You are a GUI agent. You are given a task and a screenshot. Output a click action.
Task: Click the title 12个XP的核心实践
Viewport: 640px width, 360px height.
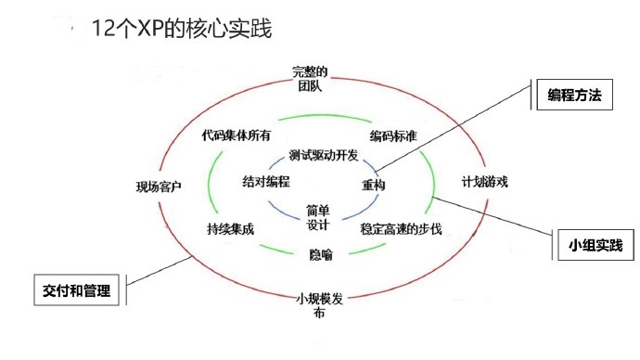tap(182, 29)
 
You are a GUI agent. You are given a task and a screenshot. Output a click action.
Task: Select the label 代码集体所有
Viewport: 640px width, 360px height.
tap(237, 135)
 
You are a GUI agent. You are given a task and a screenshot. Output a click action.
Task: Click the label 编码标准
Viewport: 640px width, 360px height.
tap(392, 136)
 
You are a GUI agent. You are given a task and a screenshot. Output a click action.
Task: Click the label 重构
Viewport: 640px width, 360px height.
tap(374, 186)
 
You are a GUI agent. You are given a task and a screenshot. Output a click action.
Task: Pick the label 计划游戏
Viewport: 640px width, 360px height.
tap(485, 182)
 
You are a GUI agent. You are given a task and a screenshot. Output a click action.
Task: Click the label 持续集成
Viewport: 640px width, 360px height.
tap(230, 228)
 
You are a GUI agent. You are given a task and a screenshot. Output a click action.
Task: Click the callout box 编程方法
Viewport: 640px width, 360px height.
tap(574, 96)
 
